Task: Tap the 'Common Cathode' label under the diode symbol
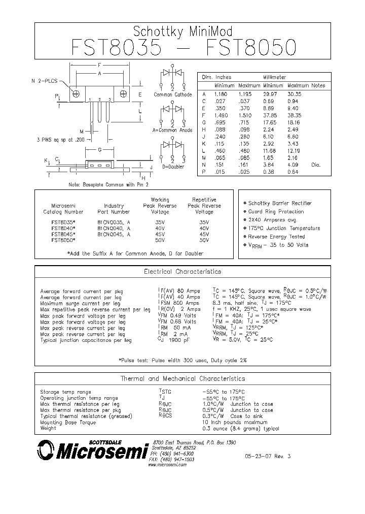173,95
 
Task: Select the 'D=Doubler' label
172,166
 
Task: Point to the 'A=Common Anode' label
173,131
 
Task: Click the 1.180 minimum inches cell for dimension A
221,94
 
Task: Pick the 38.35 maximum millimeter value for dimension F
295,115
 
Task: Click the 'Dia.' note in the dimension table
316,165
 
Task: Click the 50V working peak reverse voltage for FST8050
160,240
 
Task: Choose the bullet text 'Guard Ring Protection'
276,212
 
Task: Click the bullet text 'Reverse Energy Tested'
276,237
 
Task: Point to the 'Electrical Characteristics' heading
182,272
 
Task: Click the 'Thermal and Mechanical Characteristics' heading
182,379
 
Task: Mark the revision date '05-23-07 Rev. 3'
271,457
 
